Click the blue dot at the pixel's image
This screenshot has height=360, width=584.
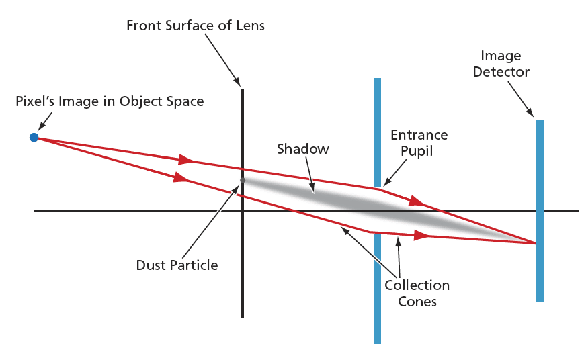(x=34, y=138)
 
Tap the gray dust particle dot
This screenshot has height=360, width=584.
(x=243, y=180)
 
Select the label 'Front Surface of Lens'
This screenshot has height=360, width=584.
(x=196, y=26)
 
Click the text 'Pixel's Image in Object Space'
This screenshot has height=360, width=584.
(x=110, y=101)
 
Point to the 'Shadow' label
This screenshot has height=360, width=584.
(x=303, y=149)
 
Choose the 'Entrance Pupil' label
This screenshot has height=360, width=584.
(x=419, y=143)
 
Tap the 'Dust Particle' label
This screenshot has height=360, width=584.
(x=177, y=265)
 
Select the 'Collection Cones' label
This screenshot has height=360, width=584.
(x=417, y=293)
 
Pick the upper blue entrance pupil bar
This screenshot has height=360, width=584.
(x=378, y=128)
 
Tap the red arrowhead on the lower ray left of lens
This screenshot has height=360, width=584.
(x=180, y=178)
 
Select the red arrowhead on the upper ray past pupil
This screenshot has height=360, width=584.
(x=417, y=200)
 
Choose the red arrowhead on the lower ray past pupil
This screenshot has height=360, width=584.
(x=421, y=236)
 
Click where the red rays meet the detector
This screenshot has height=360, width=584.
(x=535, y=243)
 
